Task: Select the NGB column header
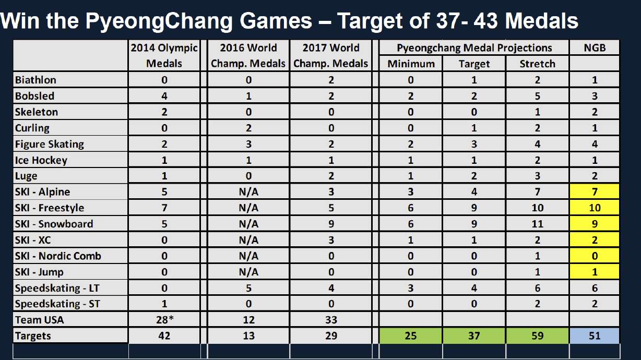(x=594, y=48)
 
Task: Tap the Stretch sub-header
(x=537, y=64)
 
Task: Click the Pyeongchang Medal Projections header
(x=474, y=48)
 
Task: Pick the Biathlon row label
(x=35, y=80)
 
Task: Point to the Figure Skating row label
(x=50, y=145)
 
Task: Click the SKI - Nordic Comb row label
(x=58, y=256)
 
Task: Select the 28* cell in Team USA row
(x=164, y=320)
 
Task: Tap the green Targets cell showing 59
(x=537, y=336)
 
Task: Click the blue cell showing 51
(x=594, y=336)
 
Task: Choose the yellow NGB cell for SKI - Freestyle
(x=594, y=208)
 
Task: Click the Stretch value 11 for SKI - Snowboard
(x=537, y=224)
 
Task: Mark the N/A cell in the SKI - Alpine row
(x=248, y=192)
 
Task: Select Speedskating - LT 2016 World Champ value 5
(x=248, y=288)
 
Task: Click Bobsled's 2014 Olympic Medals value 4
(x=164, y=96)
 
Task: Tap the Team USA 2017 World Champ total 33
(x=331, y=320)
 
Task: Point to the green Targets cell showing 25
(x=411, y=336)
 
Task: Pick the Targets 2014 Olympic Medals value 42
(x=164, y=336)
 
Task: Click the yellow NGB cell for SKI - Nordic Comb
(x=594, y=256)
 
